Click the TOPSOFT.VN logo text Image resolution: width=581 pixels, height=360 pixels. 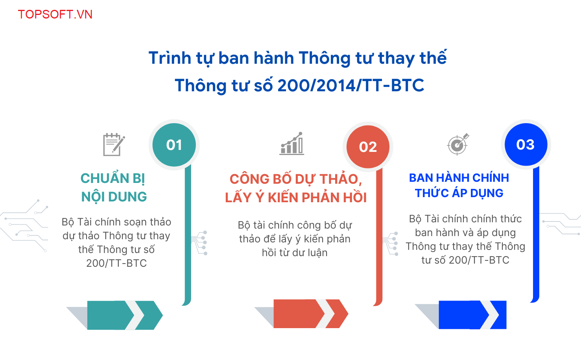55,14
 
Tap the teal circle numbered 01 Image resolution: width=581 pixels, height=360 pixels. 174,145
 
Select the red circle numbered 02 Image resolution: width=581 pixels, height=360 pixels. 368,147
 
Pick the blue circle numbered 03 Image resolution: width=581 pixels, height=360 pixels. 526,144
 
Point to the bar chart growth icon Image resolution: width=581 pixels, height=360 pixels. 291,144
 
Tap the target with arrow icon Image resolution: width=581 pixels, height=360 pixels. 458,144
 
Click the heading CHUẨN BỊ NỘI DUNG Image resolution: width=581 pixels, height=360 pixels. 114,188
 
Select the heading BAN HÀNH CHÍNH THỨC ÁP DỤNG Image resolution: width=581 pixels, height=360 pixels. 459,185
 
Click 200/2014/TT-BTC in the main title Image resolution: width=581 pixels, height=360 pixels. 350,85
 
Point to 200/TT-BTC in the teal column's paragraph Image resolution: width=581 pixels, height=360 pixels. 116,263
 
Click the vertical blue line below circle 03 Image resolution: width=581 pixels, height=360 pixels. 536,233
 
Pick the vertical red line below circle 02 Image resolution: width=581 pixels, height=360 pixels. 379,236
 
